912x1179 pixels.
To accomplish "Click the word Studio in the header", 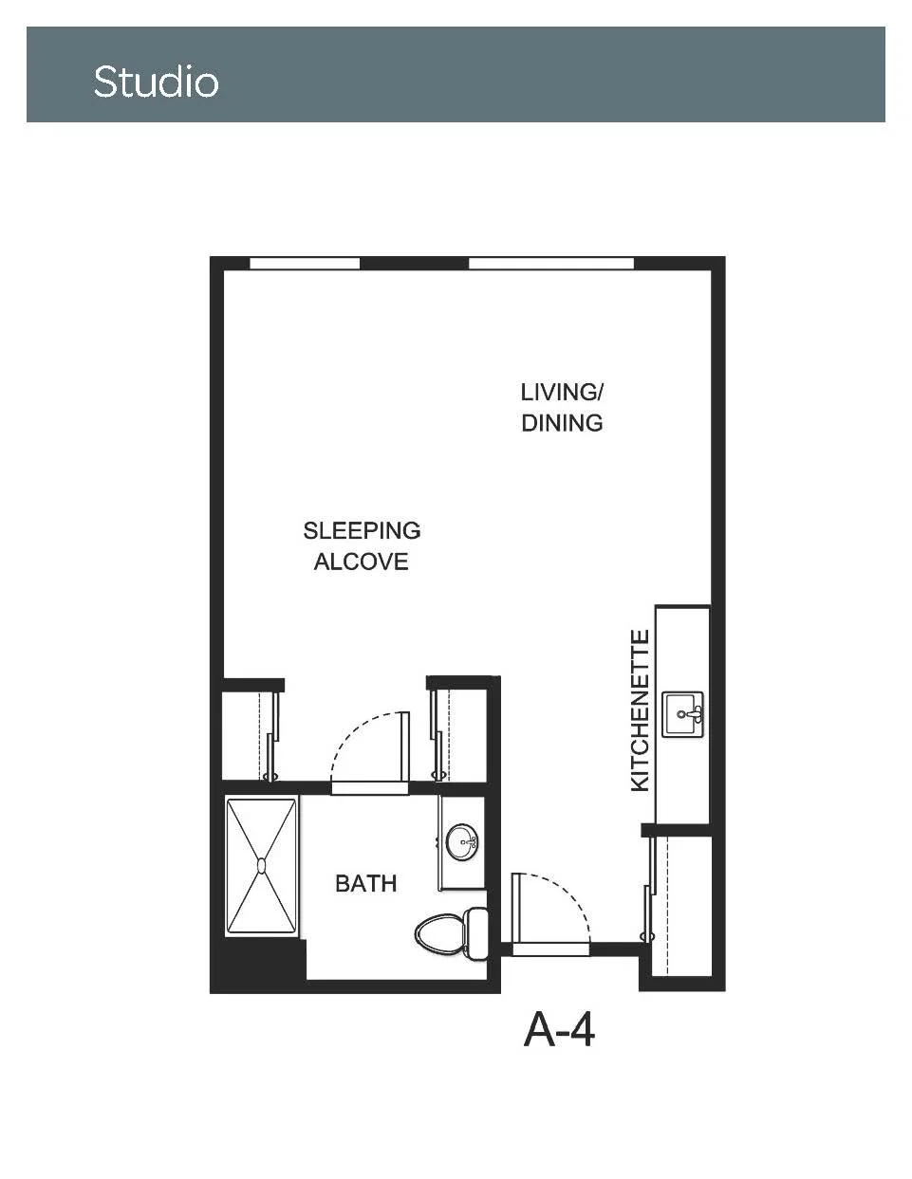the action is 156,82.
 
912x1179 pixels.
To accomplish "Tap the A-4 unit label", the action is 559,1031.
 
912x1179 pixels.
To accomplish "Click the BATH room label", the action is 366,884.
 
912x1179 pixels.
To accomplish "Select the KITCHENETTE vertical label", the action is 640,710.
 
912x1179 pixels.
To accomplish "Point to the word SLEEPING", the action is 362,530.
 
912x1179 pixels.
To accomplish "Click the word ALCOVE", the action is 362,562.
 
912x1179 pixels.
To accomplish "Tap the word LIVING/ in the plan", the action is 561,393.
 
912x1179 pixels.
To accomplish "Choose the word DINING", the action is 562,423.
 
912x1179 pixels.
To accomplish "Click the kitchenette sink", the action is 683,714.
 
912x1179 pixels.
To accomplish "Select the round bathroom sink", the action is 462,842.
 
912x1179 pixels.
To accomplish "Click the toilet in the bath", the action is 452,934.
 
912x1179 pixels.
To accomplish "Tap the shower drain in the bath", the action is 262,865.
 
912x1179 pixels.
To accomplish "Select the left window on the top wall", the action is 305,263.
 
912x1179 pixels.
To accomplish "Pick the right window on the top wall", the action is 551,263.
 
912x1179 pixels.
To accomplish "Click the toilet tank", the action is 476,934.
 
